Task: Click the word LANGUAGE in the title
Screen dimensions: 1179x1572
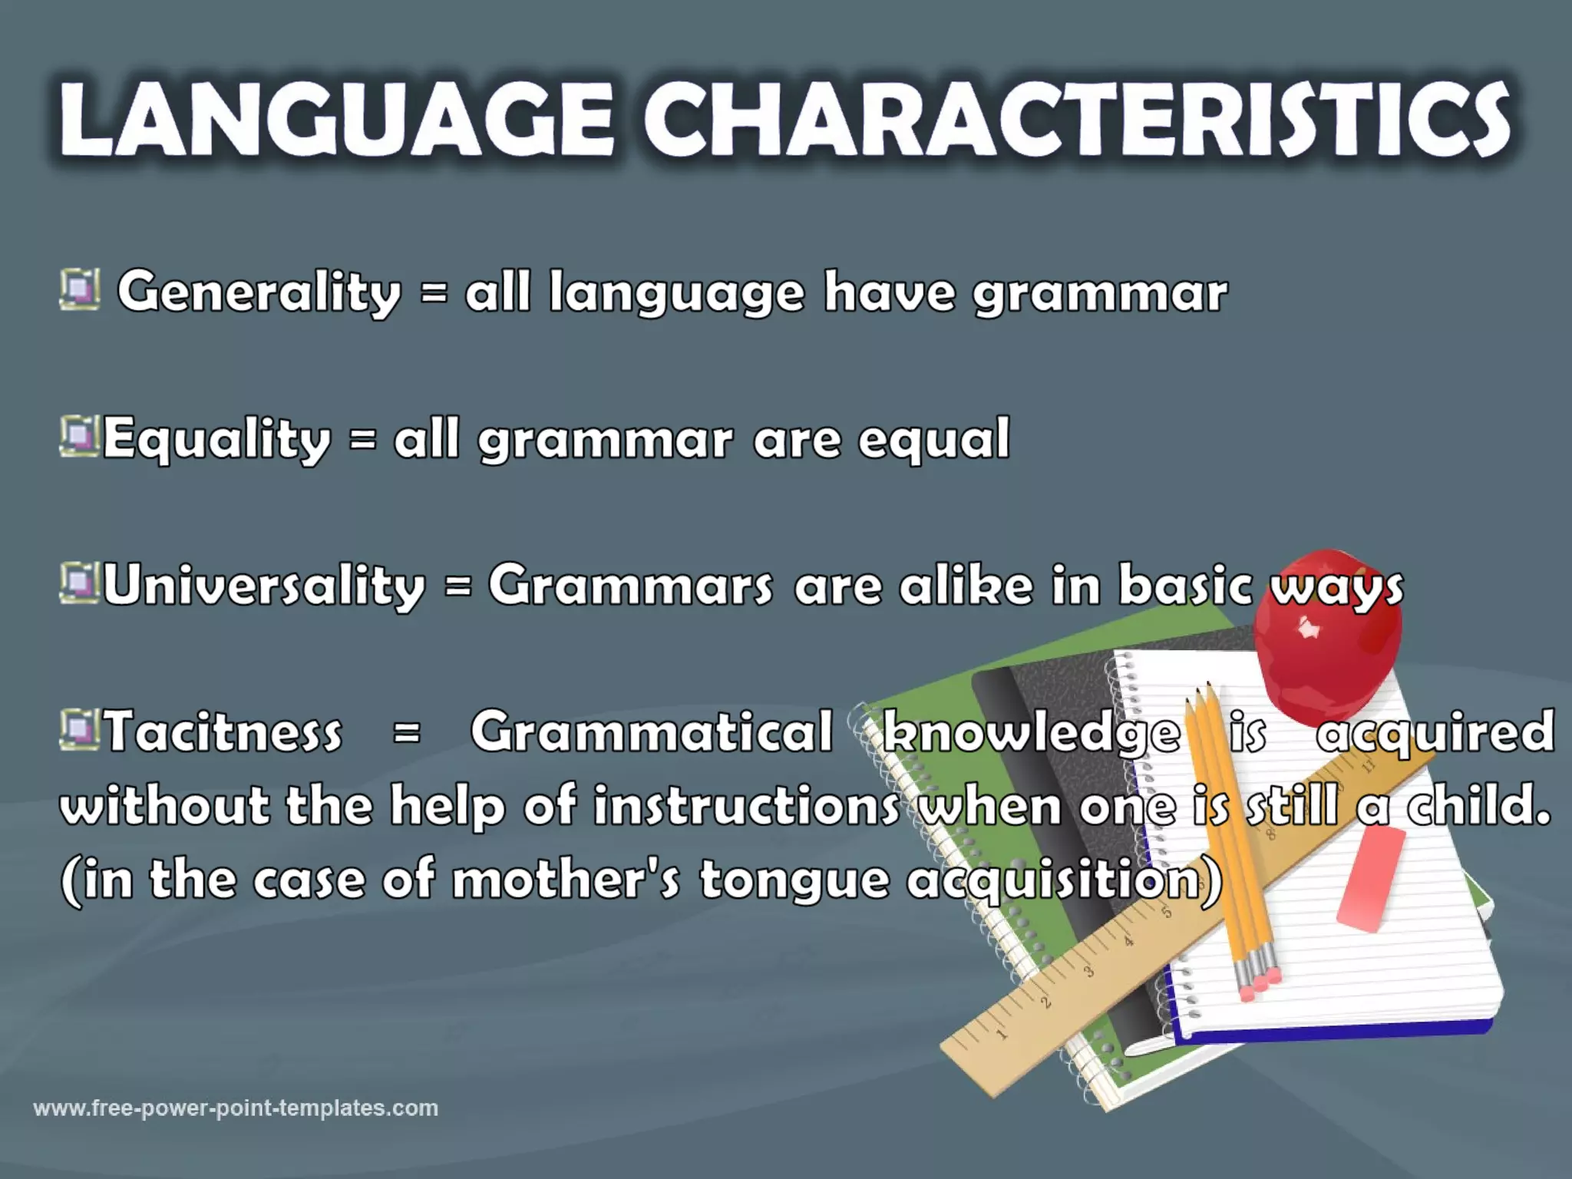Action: point(336,123)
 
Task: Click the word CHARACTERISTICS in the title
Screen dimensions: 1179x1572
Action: point(1075,123)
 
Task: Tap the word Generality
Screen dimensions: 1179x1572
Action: point(259,292)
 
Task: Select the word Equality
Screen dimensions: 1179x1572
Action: point(216,439)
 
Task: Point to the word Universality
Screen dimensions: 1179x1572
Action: point(263,585)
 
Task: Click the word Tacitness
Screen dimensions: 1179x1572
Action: point(223,731)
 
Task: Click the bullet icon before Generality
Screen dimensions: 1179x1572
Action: point(79,289)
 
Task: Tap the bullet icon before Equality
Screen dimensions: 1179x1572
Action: point(79,436)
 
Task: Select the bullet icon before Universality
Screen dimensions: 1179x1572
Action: point(79,583)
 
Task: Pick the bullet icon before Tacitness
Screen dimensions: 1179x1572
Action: point(79,729)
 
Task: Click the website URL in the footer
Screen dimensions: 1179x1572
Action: point(236,1108)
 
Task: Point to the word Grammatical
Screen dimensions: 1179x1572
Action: point(651,731)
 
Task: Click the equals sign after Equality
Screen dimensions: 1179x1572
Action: point(363,439)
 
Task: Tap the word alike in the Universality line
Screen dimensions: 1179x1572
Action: point(966,585)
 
